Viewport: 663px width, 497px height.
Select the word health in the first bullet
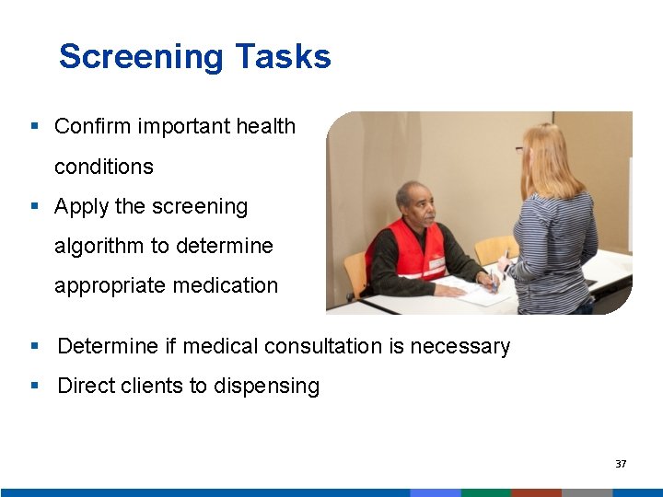[x=263, y=126]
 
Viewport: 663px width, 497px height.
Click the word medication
[x=231, y=285]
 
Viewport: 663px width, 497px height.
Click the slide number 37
[x=621, y=464]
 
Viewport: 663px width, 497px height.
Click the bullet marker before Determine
[x=34, y=346]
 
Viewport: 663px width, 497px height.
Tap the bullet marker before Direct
[x=34, y=386]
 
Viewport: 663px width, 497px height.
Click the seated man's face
[x=411, y=202]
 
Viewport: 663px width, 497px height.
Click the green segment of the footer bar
[x=485, y=492]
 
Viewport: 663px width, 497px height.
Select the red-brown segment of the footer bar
[x=536, y=492]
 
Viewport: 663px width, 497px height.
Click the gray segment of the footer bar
[x=587, y=492]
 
